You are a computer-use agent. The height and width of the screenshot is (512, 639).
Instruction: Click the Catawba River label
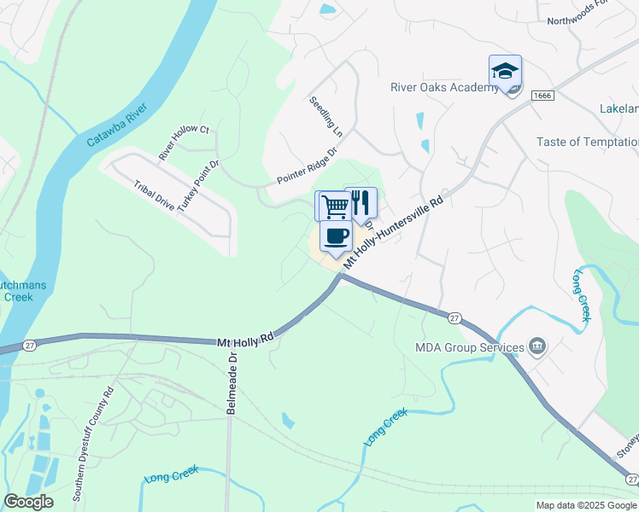point(116,128)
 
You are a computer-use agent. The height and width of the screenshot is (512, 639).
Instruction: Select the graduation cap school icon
point(505,72)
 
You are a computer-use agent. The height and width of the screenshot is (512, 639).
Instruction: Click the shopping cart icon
point(332,206)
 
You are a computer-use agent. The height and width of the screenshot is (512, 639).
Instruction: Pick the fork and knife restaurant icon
point(361,202)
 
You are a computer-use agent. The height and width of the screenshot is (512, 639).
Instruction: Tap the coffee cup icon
point(336,236)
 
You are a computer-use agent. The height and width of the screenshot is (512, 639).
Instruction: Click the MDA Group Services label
point(469,347)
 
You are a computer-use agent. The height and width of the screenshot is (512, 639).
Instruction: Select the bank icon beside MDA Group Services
point(537,346)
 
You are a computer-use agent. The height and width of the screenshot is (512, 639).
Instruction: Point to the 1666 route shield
point(542,96)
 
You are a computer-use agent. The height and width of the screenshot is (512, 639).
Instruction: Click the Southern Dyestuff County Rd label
point(93,445)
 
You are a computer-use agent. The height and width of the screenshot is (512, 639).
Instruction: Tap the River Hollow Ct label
point(184,142)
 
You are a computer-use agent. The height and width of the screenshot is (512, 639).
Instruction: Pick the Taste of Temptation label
point(587,142)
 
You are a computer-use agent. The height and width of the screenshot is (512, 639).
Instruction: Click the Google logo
point(28,502)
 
